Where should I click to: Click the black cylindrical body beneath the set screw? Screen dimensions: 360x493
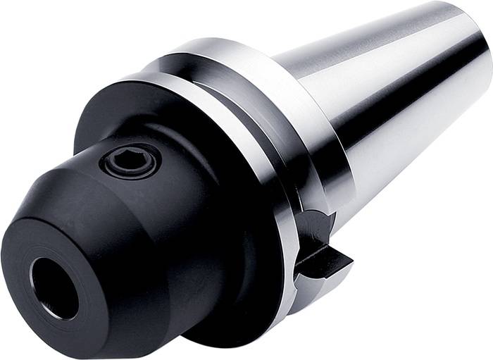pyautogui.click(x=162, y=232)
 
